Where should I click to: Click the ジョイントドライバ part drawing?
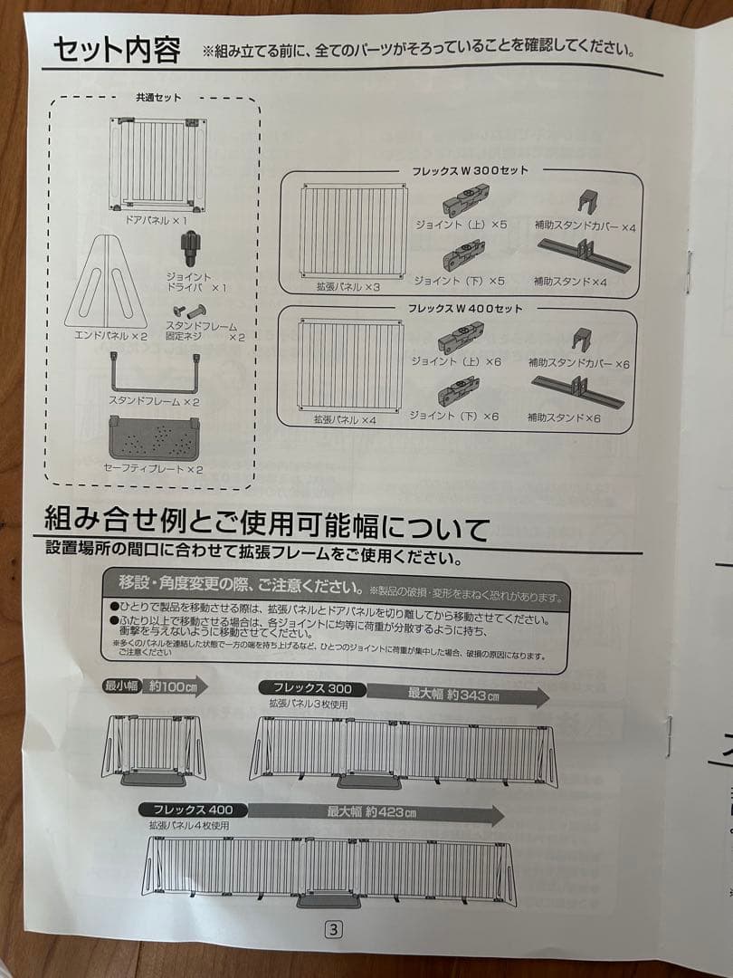click(x=190, y=246)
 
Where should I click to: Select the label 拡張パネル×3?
click(x=342, y=286)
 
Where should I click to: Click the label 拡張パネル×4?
click(x=345, y=419)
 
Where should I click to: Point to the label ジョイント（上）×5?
click(x=461, y=222)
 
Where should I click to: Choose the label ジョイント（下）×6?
click(x=454, y=416)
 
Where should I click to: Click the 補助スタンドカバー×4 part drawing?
click(x=590, y=201)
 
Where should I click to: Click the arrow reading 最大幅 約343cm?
click(x=457, y=694)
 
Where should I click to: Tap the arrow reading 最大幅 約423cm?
click(x=376, y=812)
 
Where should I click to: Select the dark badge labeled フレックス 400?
click(x=188, y=808)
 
